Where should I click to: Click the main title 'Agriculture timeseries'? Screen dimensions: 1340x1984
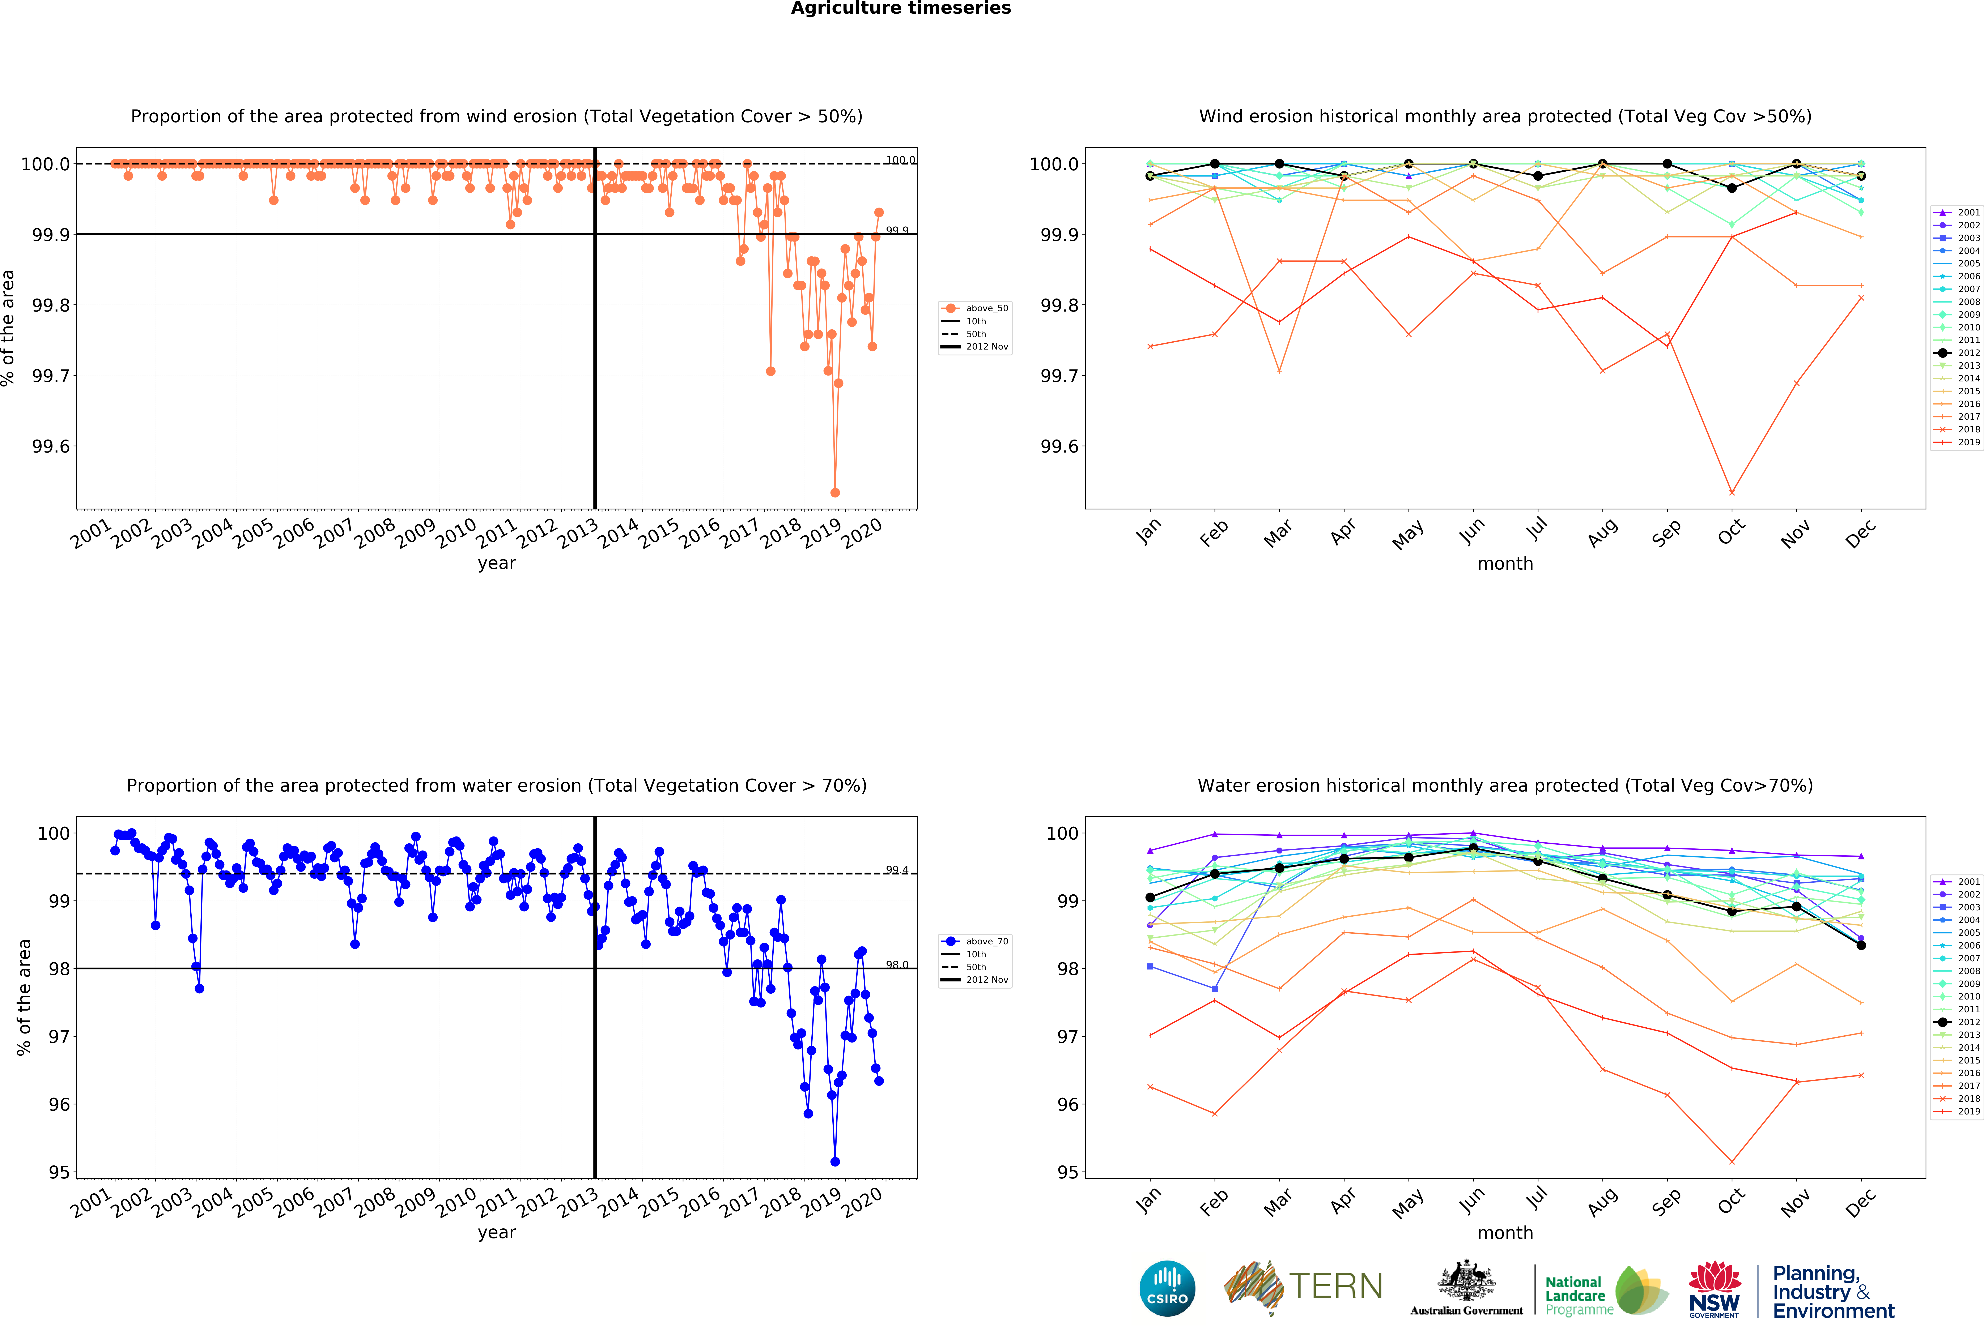coord(901,9)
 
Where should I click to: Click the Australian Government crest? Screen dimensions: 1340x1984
coord(1466,1280)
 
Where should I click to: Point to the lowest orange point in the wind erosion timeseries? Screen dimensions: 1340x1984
coord(835,492)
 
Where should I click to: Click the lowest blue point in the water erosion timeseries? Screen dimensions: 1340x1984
coord(835,1162)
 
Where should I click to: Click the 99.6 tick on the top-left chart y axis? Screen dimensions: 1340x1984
coord(51,446)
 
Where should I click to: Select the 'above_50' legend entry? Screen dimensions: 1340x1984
coord(986,308)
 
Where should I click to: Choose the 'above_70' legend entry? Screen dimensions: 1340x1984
coord(986,941)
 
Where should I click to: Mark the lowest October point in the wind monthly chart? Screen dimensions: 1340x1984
coord(1731,492)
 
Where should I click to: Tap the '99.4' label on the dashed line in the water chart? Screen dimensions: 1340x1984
coord(896,870)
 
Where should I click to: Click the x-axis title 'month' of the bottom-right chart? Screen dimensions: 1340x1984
coord(1505,1232)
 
